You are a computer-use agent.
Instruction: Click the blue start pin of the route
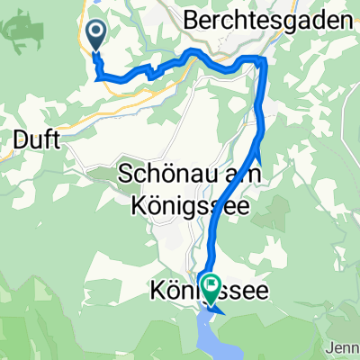click(96, 35)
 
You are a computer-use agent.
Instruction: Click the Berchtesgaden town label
click(267, 19)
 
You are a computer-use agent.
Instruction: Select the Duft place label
click(35, 139)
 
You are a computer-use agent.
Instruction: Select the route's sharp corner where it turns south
click(263, 59)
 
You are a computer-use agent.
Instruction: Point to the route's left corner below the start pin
click(97, 77)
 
